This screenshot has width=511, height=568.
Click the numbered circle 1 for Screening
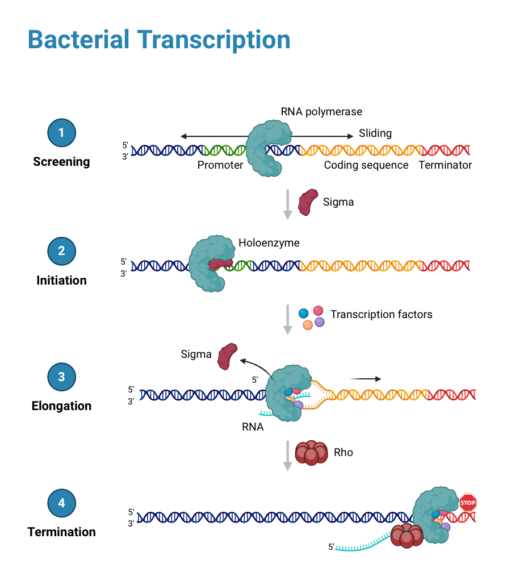tap(61, 133)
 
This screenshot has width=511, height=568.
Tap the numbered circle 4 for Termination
tap(61, 503)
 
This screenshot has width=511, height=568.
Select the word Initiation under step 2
tap(61, 280)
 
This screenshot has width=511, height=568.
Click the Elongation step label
tap(61, 406)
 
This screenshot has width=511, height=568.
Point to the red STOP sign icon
tap(468, 502)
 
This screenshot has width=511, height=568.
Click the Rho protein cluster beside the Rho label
tap(311, 453)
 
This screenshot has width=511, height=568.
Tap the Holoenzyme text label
tap(269, 243)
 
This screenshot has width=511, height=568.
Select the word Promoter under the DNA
tap(220, 165)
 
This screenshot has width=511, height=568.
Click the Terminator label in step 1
tap(445, 165)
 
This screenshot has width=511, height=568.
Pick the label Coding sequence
tap(366, 165)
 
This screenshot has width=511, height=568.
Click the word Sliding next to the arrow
tap(375, 133)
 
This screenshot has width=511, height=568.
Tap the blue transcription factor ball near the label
tap(304, 313)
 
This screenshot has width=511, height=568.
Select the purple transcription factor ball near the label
tap(320, 322)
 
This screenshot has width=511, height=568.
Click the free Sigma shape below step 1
tap(308, 202)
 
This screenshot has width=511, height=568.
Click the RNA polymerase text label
tap(321, 112)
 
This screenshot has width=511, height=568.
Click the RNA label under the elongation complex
tap(253, 427)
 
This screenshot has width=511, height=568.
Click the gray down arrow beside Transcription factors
tap(288, 320)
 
